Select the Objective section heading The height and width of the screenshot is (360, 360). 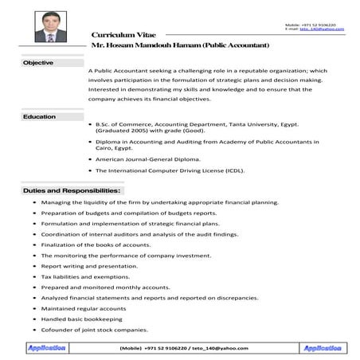tap(38, 62)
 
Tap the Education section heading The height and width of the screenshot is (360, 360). tap(39, 117)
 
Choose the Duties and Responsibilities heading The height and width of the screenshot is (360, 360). tap(72, 191)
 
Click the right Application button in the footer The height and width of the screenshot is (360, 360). tap(322, 348)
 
